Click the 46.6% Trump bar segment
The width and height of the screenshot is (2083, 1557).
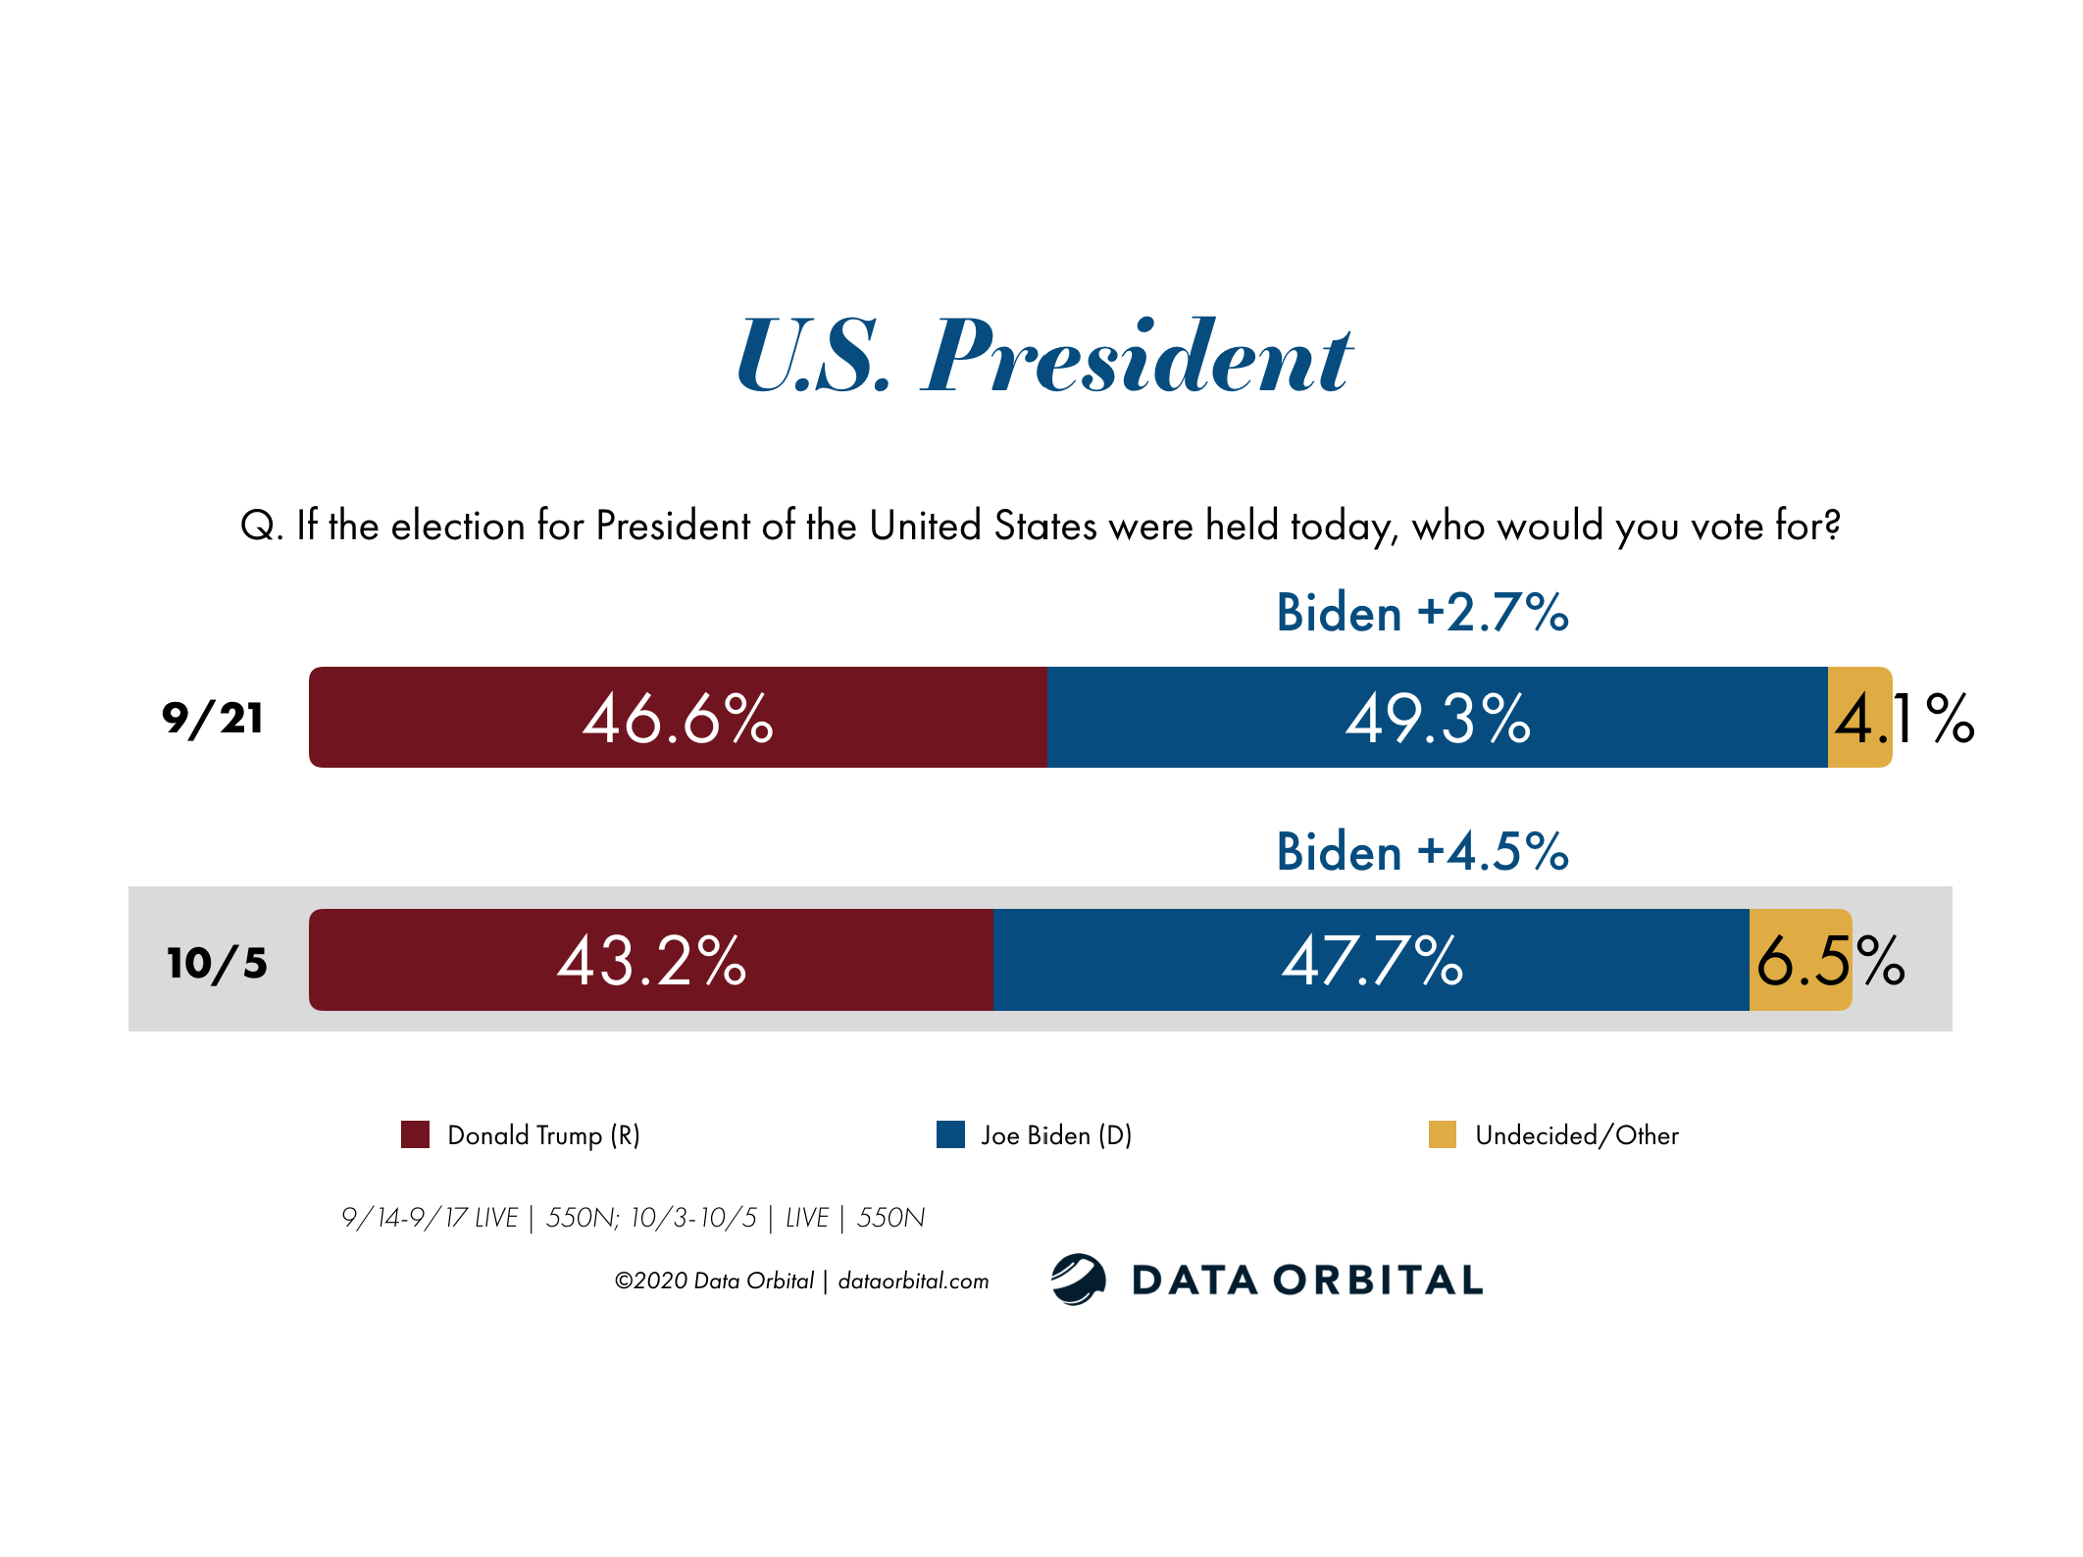click(x=677, y=718)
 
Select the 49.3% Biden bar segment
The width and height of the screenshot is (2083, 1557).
click(x=1437, y=718)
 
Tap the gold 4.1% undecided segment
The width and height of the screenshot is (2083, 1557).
click(x=1858, y=718)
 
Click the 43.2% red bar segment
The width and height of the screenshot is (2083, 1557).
click(x=651, y=960)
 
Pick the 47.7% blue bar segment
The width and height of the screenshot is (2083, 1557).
click(x=1371, y=960)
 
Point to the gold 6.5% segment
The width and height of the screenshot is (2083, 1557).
click(x=1800, y=960)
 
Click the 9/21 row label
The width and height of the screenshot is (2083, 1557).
click(x=213, y=719)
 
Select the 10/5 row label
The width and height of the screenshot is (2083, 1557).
click(x=217, y=963)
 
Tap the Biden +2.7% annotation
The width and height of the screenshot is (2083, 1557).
click(x=1422, y=613)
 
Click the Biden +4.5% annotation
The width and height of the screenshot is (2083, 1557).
click(x=1422, y=851)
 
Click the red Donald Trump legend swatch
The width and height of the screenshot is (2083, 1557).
click(x=415, y=1134)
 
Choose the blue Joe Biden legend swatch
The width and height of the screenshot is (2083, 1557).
click(x=950, y=1134)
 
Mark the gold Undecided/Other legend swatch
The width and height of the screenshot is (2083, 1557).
click(x=1442, y=1134)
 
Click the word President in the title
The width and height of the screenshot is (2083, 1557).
click(x=1138, y=358)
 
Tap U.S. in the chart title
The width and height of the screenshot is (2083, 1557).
click(x=814, y=358)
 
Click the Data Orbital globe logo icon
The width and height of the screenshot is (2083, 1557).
click(x=1078, y=1279)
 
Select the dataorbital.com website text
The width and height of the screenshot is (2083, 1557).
click(x=913, y=1281)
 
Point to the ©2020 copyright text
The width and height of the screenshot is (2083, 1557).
click(x=713, y=1281)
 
